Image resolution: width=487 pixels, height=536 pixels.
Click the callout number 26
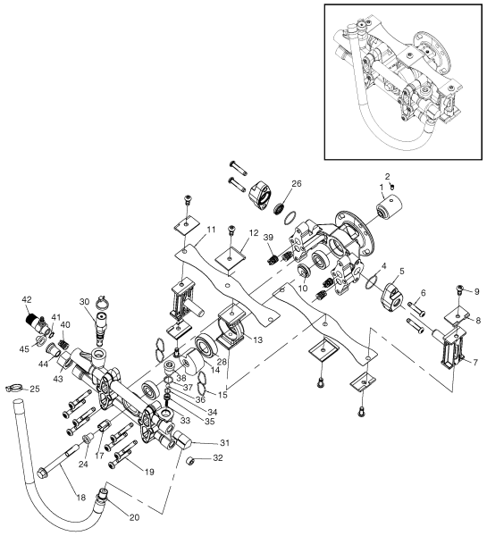[x=296, y=185]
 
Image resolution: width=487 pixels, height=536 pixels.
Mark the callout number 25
[x=35, y=389]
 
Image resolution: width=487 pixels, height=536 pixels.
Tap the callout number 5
[x=402, y=272]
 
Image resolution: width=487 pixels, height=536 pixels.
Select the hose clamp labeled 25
[x=13, y=388]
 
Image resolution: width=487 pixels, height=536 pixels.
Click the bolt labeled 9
[x=458, y=289]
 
